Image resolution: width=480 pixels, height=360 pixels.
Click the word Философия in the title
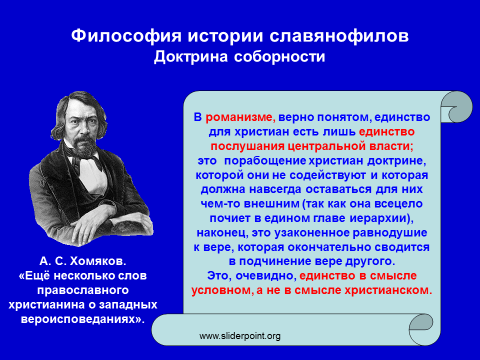coord(126,36)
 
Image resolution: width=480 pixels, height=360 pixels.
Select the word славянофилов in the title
coord(339,36)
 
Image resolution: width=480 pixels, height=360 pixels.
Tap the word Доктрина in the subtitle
coord(191,57)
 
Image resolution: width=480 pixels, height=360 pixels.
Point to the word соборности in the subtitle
coord(279,57)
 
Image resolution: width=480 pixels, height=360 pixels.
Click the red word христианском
coord(388,290)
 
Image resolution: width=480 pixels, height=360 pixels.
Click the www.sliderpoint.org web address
coord(240,336)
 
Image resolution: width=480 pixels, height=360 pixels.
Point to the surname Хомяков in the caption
coord(97,261)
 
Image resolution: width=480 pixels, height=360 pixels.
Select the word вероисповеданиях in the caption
coord(82,319)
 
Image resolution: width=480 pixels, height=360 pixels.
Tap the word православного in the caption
coord(83,290)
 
